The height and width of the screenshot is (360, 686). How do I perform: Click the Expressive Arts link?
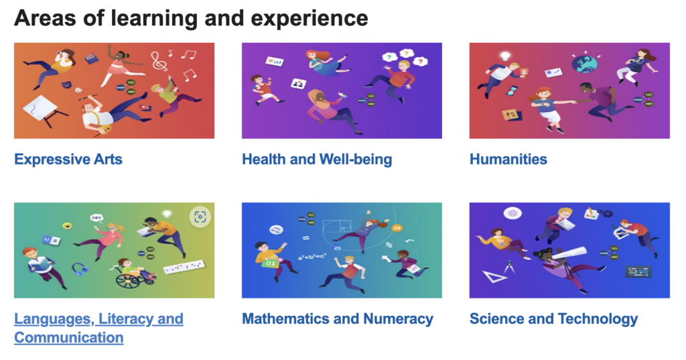[x=68, y=160]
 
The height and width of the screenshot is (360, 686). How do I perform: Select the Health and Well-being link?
[x=317, y=160]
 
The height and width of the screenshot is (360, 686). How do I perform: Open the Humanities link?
[x=508, y=160]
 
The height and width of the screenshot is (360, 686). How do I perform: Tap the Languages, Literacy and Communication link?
[x=98, y=328]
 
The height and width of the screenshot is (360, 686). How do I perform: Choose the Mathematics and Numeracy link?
[x=338, y=319]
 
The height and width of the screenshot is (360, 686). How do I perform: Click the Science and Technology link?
[x=553, y=319]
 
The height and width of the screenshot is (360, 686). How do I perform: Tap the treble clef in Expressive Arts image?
[x=159, y=60]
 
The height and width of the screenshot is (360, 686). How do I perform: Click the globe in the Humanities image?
[x=584, y=62]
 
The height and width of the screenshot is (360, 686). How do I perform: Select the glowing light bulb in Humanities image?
[x=506, y=56]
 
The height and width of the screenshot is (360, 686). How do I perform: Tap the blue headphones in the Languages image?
[x=79, y=268]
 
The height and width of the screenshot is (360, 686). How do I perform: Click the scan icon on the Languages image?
[x=200, y=217]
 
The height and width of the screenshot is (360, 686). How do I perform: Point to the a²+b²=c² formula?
[x=312, y=257]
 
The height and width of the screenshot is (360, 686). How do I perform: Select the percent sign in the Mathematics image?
[x=389, y=245]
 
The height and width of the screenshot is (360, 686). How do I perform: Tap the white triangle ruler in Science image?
[x=494, y=276]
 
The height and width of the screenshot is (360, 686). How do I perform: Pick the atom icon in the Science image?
[x=512, y=213]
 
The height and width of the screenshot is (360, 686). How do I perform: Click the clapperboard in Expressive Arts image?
[x=91, y=58]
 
